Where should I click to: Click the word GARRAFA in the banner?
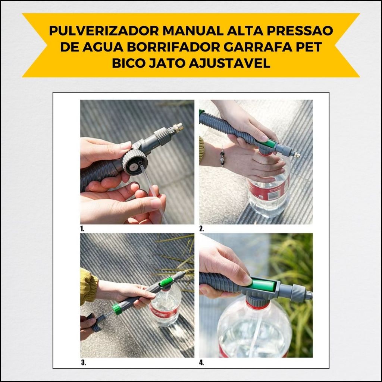point(258,47)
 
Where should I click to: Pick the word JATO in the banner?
point(166,63)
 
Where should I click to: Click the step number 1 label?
point(82,229)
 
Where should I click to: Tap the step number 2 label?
point(201,229)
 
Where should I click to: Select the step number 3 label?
point(83,363)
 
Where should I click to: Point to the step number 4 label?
point(201,363)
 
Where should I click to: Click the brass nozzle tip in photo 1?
point(179,128)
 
